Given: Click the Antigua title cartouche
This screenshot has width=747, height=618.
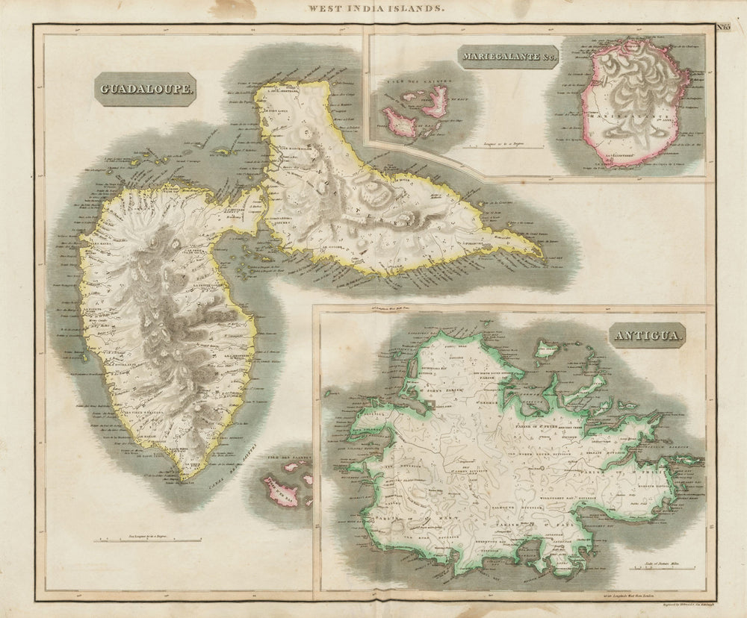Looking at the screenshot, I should tap(648, 337).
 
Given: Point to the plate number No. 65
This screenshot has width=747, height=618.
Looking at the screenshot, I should tap(724, 28).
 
